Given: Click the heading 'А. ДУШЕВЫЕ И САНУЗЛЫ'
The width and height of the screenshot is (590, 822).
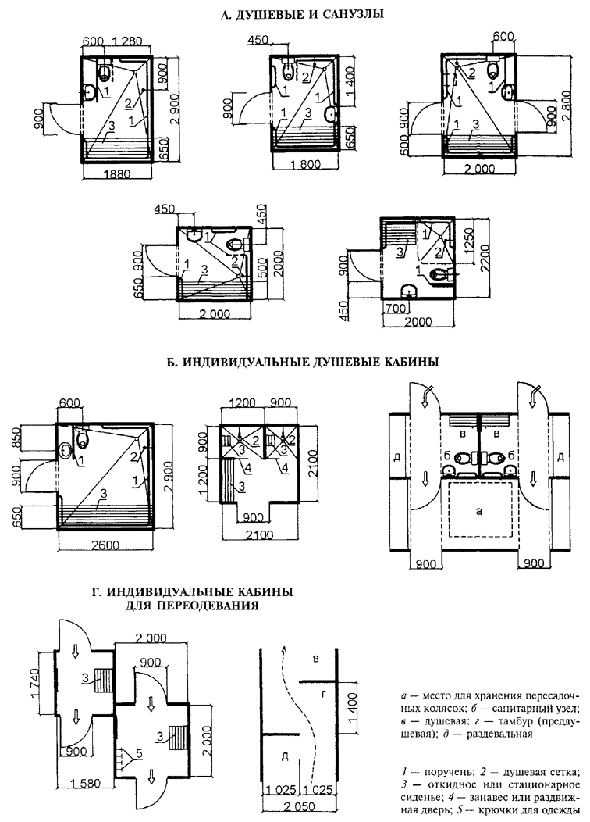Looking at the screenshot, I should pyautogui.click(x=293, y=13).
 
